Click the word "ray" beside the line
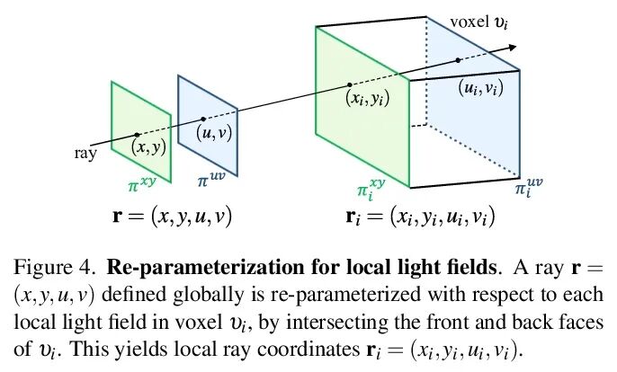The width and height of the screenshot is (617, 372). point(84,153)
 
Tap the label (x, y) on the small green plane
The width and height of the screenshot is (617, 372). point(148,147)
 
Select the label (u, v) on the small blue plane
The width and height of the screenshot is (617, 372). point(214,132)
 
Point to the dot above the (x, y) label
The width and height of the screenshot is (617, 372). point(137,135)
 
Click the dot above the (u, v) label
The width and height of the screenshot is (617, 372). point(203,119)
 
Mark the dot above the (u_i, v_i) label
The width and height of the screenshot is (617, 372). point(458,60)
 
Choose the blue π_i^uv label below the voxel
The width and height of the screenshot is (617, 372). point(530,190)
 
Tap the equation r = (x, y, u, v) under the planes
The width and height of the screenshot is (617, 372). point(171,217)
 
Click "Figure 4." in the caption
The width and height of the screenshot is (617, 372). point(47,267)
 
